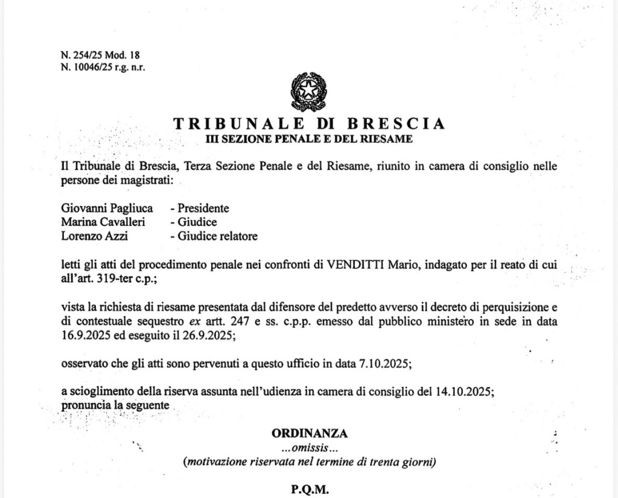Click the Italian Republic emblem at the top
(308, 92)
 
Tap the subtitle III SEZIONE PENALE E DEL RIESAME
(309, 139)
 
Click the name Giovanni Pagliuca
(107, 209)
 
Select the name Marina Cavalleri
(103, 222)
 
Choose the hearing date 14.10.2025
(464, 391)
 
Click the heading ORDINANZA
(309, 433)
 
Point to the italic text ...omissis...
(309, 448)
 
